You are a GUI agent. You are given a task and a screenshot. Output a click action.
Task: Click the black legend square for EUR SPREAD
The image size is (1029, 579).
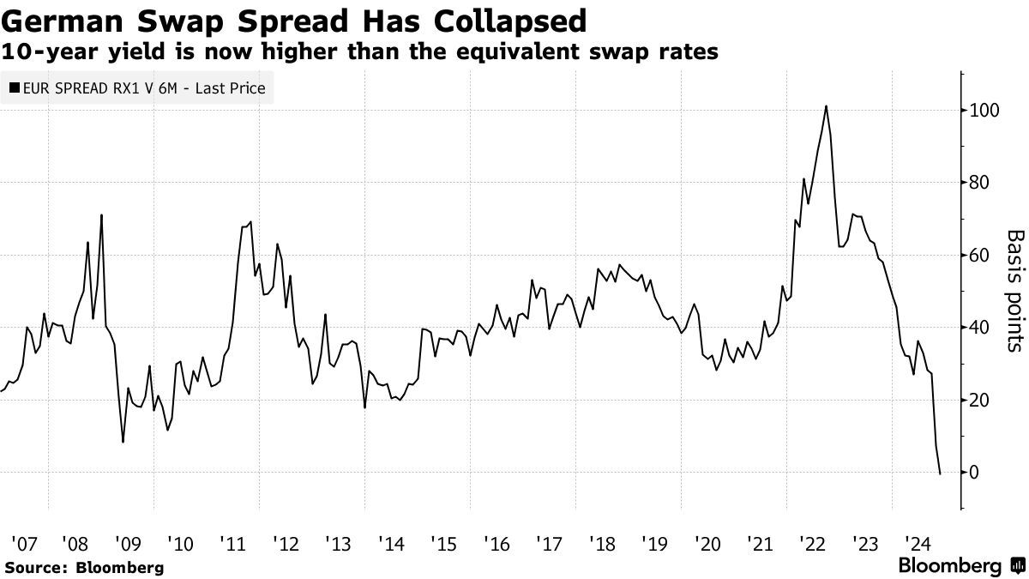(15, 87)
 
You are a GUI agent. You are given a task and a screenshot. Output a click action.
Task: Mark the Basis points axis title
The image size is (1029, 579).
(1014, 291)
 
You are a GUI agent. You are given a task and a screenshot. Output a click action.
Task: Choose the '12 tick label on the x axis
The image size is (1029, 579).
(286, 543)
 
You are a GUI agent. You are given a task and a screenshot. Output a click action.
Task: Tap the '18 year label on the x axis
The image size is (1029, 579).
(601, 543)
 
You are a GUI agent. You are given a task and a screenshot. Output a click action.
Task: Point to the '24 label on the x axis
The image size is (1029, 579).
(918, 543)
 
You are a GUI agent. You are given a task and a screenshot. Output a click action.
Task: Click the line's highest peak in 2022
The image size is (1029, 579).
(826, 106)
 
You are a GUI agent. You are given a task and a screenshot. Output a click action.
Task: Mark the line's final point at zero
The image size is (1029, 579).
(941, 473)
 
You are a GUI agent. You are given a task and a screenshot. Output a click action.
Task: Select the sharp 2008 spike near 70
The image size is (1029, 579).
(101, 215)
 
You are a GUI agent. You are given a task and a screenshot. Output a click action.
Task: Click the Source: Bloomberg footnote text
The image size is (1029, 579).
(84, 567)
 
